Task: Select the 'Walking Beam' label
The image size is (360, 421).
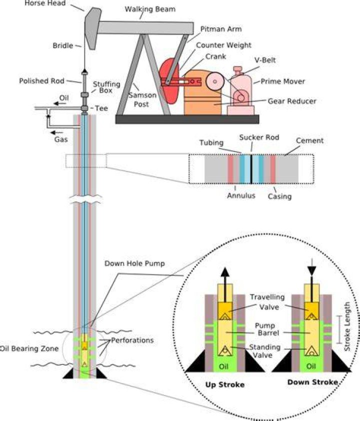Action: pyautogui.click(x=150, y=9)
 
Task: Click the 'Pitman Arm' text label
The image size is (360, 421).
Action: pyautogui.click(x=221, y=29)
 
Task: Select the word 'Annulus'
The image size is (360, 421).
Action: pyautogui.click(x=241, y=195)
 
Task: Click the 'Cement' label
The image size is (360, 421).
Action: pyautogui.click(x=309, y=140)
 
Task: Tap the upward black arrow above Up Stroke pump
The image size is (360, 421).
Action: pyautogui.click(x=225, y=284)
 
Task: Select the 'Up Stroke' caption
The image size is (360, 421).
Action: pyautogui.click(x=225, y=384)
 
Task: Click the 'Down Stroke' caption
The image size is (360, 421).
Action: pyautogui.click(x=312, y=382)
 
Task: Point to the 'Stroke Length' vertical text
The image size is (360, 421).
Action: pyautogui.click(x=347, y=326)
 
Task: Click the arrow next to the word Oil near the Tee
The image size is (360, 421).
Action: pyautogui.click(x=56, y=103)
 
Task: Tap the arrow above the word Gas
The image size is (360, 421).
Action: pyautogui.click(x=56, y=132)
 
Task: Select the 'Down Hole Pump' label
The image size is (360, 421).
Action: pyautogui.click(x=134, y=263)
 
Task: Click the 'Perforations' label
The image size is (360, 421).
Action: pyautogui.click(x=132, y=340)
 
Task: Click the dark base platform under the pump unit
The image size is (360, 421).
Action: pyautogui.click(x=187, y=119)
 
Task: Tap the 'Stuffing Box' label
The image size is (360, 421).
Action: pyautogui.click(x=106, y=87)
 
